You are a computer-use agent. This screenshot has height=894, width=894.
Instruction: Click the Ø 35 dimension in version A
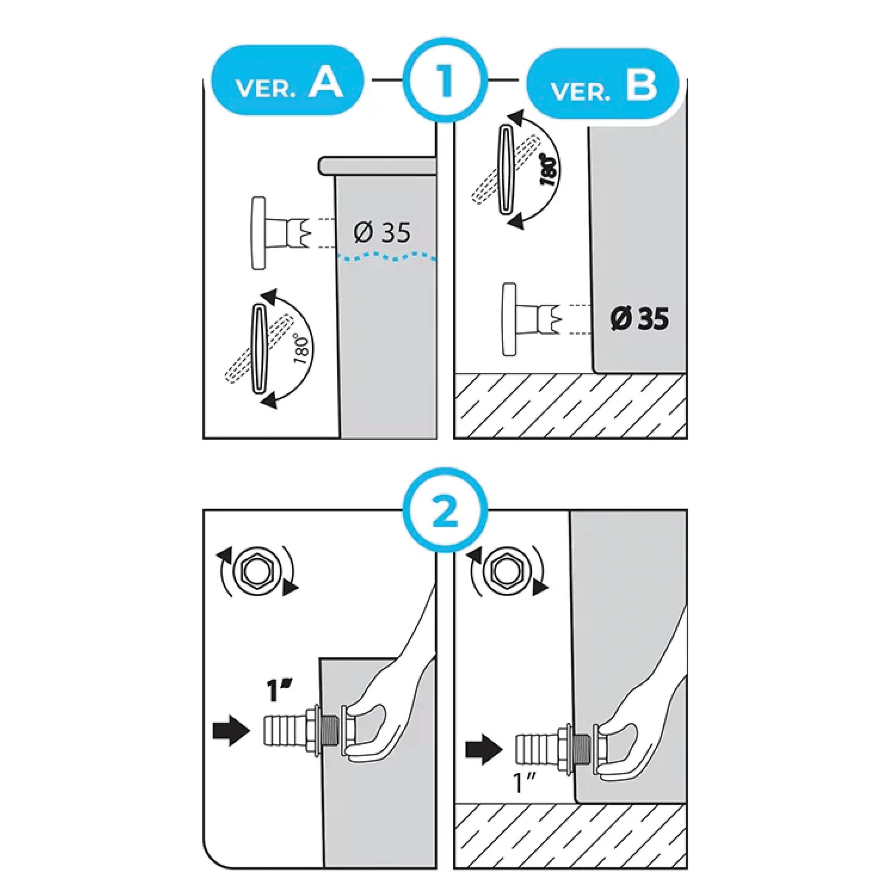382,232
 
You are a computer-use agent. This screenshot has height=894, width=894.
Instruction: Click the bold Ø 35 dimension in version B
639,319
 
